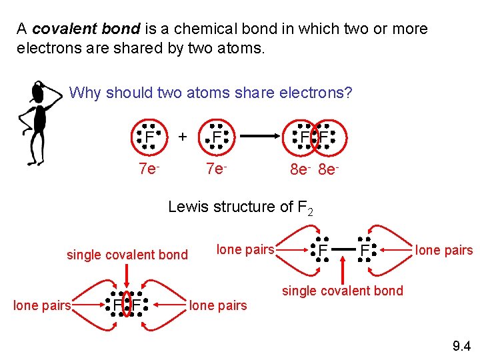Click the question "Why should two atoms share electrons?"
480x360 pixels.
point(211,93)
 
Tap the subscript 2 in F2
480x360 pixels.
point(309,212)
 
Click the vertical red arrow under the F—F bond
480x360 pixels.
point(343,271)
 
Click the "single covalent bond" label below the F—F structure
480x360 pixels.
point(343,290)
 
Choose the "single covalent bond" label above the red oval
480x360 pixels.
point(127,254)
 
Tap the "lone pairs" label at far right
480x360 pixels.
point(444,250)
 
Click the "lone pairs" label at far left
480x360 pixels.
point(42,305)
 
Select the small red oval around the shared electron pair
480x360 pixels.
point(127,304)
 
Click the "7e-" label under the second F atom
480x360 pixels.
point(216,169)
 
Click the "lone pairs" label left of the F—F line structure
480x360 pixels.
point(245,249)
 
